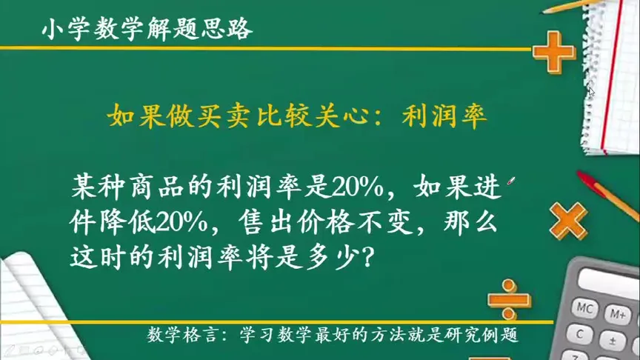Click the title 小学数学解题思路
point(147,30)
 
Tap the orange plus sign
point(553,51)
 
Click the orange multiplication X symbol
point(569,219)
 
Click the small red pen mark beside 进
point(510,181)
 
